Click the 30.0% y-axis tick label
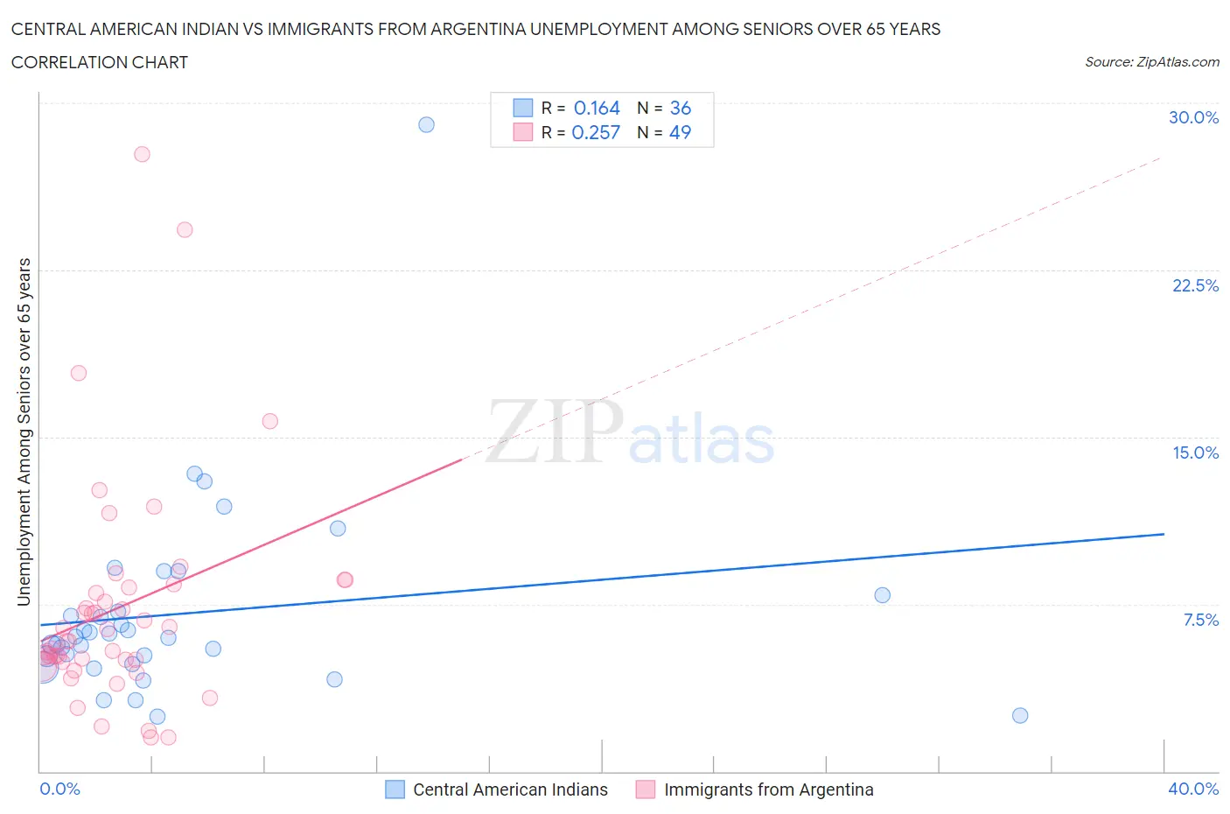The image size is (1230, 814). [1193, 117]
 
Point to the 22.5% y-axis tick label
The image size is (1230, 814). [1195, 285]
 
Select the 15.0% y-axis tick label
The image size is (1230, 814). [1195, 453]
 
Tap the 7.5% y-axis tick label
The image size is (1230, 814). [1200, 620]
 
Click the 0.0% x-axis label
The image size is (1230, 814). [59, 789]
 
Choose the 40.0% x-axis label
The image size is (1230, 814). [1193, 789]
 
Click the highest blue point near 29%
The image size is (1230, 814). [426, 124]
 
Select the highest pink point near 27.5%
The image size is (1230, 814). [142, 154]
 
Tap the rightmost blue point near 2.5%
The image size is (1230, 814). [1020, 715]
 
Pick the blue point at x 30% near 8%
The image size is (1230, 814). [882, 595]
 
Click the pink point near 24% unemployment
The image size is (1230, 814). [185, 229]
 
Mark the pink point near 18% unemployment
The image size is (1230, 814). [79, 373]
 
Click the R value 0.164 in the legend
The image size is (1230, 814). [597, 108]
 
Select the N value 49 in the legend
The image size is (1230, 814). [680, 132]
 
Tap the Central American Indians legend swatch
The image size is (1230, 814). [395, 789]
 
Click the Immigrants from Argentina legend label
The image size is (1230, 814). [768, 789]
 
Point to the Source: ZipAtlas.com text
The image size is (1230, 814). [1151, 61]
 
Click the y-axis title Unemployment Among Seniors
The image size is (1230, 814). [24, 432]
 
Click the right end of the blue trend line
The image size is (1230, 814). [1164, 534]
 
